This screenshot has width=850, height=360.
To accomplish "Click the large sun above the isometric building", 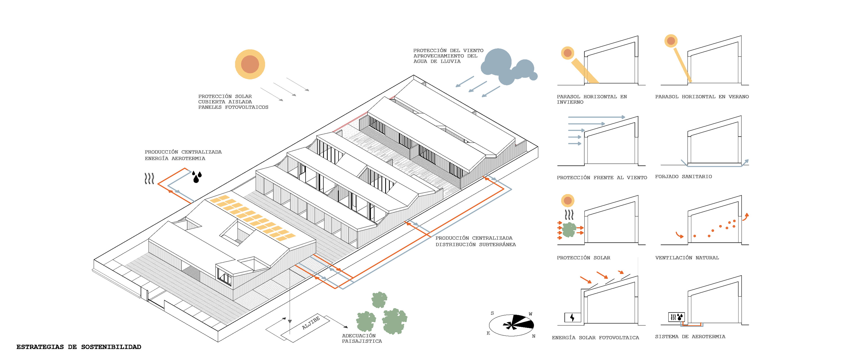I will click(x=250, y=64).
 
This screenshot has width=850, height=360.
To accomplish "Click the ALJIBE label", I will click(x=311, y=323).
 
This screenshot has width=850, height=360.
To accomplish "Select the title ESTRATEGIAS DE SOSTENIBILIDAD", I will click(x=79, y=347).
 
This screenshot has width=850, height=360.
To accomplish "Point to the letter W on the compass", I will click(x=530, y=314).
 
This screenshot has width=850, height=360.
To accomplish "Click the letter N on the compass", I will click(x=533, y=336).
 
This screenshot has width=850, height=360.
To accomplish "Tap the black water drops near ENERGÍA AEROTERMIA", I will click(x=197, y=177).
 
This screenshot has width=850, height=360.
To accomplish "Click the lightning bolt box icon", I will click(x=572, y=317).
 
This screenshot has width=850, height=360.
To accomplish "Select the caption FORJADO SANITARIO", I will click(x=683, y=177).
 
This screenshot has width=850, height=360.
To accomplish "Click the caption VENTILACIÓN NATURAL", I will click(x=687, y=258).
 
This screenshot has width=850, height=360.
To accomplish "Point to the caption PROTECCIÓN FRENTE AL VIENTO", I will click(x=602, y=177).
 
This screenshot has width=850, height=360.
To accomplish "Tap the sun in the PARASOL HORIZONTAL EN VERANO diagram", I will click(x=671, y=41).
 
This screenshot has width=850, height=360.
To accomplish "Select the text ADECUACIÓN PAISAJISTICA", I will click(x=362, y=338).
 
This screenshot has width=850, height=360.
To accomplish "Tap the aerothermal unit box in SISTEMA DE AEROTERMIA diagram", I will click(x=676, y=317).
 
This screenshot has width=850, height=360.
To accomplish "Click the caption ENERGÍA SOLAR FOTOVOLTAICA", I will click(x=595, y=338).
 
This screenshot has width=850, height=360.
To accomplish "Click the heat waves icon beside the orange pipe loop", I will click(x=149, y=179).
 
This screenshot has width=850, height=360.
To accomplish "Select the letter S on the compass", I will click(x=492, y=313).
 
